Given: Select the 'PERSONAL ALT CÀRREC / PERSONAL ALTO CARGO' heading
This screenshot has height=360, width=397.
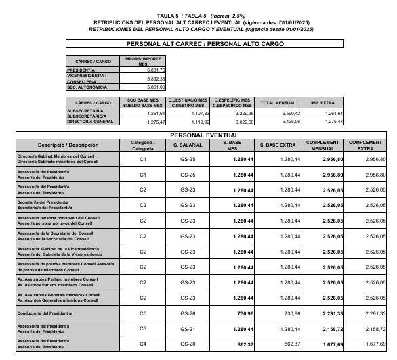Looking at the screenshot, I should (x=205, y=44).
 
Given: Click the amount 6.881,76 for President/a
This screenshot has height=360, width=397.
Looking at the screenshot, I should (x=152, y=70).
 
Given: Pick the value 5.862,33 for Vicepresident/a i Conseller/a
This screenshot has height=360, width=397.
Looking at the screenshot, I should (x=152, y=79).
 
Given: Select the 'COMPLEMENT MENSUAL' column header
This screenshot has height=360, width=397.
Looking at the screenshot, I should (x=318, y=145).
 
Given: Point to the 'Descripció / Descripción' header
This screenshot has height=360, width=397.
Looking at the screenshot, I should (x=68, y=145).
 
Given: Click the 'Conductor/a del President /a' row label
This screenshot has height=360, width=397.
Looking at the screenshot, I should (x=48, y=313).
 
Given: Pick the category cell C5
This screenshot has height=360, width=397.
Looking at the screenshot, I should (x=143, y=313).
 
